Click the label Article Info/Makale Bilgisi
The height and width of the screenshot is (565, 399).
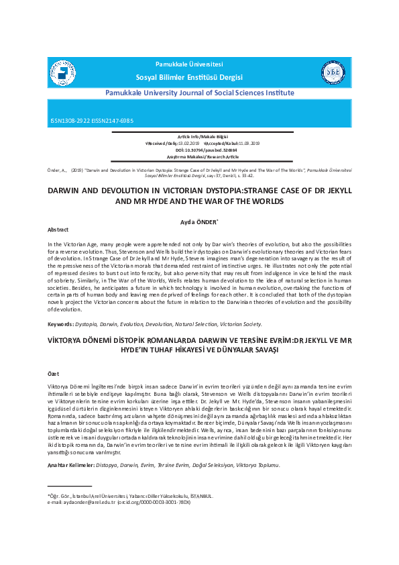tap(200, 136)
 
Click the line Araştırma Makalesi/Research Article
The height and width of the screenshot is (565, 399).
tap(200, 156)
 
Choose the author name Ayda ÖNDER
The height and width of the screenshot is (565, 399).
tap(199, 221)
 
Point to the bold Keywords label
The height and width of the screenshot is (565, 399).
tap(61, 323)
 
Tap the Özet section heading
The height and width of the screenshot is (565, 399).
tap(54, 373)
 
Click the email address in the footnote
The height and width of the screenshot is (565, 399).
tap(81, 502)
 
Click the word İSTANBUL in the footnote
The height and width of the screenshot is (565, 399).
tap(198, 496)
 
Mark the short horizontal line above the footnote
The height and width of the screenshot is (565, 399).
tap(70, 486)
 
